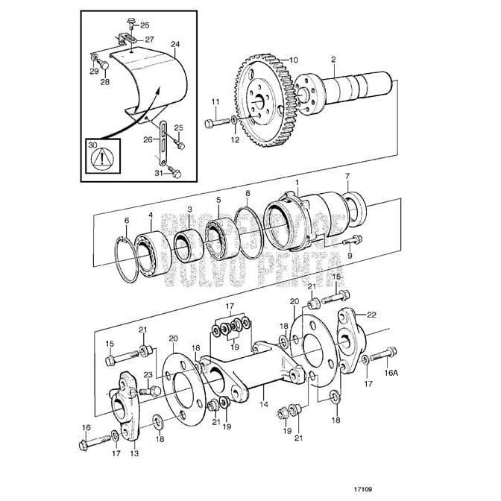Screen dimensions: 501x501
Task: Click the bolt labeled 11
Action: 215,120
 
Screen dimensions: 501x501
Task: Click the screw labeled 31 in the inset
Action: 176,174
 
